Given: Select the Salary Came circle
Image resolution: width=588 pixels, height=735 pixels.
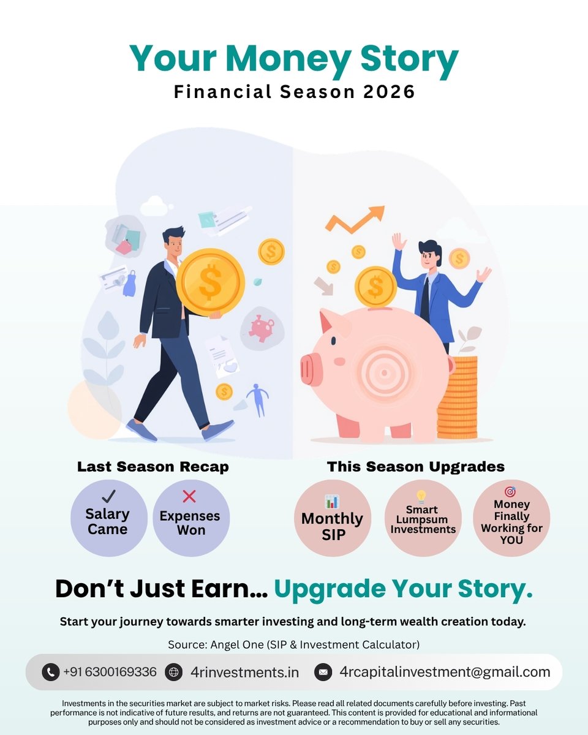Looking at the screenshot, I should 108,518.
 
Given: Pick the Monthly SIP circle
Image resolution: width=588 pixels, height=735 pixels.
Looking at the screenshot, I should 333,518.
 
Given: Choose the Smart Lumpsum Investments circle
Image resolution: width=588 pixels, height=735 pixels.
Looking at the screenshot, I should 423,518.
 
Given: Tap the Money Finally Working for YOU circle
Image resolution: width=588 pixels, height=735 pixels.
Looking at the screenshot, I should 511,518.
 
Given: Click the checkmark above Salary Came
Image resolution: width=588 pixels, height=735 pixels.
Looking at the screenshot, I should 108,497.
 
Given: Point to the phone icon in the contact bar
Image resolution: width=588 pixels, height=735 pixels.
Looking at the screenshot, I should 50,672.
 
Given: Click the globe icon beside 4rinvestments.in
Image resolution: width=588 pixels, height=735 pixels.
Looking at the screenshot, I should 174,672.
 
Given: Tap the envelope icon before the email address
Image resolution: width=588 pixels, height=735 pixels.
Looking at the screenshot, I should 323,672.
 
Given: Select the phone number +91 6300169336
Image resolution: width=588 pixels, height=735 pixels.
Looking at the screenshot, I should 110,672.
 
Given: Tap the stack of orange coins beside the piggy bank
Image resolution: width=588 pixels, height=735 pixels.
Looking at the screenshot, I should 457,398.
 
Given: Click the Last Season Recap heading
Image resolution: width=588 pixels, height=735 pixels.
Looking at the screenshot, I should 153,467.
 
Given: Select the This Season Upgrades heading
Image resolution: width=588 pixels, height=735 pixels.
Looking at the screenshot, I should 416,467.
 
